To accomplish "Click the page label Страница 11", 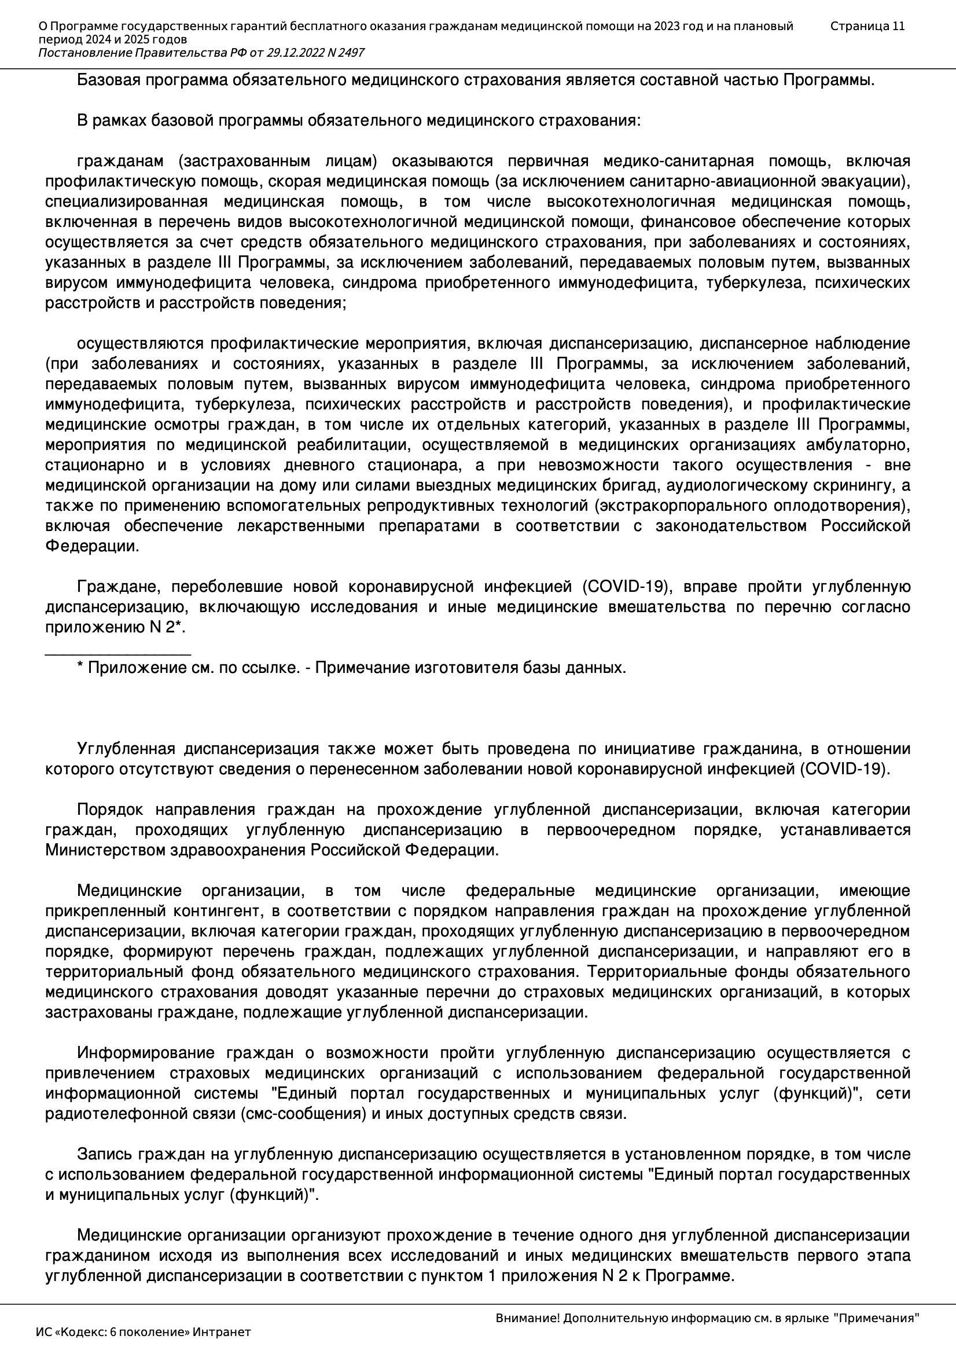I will coord(867,26).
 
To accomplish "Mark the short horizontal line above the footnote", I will coord(118,654).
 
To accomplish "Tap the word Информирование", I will coord(148,1053).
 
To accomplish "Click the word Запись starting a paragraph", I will coord(104,1154).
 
